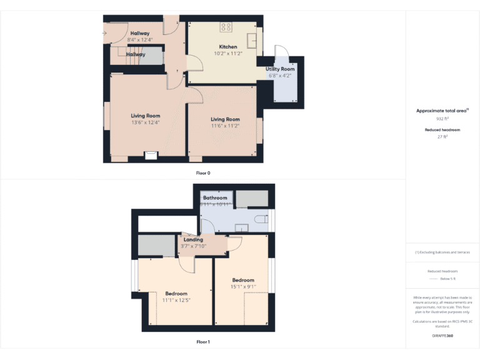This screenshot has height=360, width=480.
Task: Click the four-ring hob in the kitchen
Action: pos(226,27)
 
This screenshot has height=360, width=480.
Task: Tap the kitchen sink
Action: pos(252,40)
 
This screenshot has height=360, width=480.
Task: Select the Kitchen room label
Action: pos(228,47)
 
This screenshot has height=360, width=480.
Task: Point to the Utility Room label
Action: pos(280,69)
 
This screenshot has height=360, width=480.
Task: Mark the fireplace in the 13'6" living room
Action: pos(150,156)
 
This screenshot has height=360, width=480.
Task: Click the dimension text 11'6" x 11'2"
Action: pos(225,126)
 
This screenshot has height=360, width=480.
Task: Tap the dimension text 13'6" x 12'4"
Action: pos(145,122)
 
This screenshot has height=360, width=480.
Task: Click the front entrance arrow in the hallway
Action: pos(105,33)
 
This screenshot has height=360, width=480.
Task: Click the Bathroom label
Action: pos(215,197)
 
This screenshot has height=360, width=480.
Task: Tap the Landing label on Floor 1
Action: pos(193,239)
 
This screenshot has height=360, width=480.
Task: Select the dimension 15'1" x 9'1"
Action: pos(243,287)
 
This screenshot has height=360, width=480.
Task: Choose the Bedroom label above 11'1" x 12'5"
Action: pos(176,293)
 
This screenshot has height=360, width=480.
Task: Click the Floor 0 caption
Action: pos(203,172)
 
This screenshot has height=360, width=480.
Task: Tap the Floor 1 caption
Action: pos(203,342)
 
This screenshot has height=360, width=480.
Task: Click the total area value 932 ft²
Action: pos(442,118)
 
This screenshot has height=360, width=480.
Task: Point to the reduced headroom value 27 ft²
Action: pos(442,136)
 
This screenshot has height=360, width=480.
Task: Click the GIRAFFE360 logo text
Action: pos(442,336)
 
